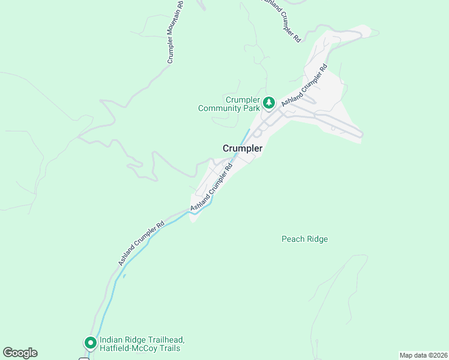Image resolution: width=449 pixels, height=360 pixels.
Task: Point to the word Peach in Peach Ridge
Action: (x=292, y=239)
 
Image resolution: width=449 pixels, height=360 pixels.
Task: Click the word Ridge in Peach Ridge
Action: (x=317, y=239)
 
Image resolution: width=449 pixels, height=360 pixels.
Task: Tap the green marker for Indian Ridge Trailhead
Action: (x=91, y=343)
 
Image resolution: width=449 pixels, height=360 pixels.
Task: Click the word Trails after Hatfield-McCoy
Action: (x=170, y=348)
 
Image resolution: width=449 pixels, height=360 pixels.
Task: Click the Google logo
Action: (x=20, y=353)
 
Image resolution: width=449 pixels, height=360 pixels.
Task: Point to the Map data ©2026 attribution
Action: (x=423, y=355)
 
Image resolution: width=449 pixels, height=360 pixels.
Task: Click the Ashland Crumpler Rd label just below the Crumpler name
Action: (x=211, y=187)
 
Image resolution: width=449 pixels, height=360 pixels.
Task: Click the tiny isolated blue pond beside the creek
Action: (x=124, y=276)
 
